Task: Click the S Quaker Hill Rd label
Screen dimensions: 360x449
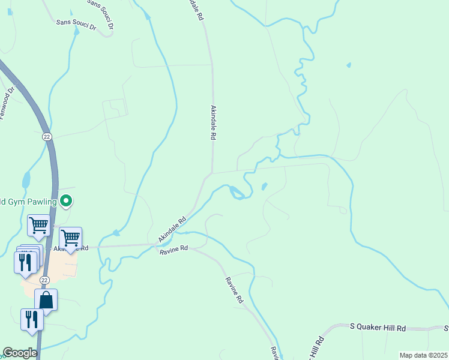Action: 378,328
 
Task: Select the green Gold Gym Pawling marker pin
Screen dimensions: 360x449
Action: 67,202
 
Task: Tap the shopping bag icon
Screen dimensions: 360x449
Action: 46,299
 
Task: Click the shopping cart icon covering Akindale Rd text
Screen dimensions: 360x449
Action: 71,238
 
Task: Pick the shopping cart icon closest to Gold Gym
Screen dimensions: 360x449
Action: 38,226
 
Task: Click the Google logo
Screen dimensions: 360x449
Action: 20,353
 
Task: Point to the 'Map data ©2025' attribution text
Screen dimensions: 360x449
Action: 423,355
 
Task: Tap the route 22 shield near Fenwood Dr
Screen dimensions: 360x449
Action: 47,137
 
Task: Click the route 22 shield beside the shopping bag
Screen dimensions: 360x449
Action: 44,280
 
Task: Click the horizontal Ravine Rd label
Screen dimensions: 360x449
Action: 174,249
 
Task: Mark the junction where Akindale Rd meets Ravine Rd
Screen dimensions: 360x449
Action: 157,244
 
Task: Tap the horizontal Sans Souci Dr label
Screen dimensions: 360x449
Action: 76,23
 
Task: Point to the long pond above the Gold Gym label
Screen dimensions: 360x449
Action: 26,179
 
